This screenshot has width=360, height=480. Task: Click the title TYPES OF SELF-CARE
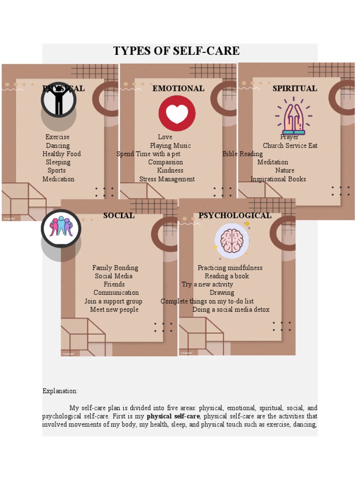click(x=176, y=51)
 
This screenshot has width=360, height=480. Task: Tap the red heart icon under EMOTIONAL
click(x=177, y=113)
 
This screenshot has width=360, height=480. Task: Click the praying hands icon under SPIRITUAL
click(x=293, y=116)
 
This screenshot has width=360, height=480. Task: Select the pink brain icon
click(x=232, y=241)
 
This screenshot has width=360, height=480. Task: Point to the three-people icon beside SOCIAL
click(x=61, y=227)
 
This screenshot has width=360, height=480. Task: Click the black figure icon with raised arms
click(x=59, y=100)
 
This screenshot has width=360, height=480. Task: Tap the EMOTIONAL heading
click(x=178, y=89)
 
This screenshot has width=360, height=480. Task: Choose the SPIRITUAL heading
click(x=295, y=89)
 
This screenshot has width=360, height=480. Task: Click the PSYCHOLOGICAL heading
click(x=234, y=216)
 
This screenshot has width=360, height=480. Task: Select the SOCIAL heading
click(x=119, y=216)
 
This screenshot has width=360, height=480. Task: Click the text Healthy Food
click(x=61, y=154)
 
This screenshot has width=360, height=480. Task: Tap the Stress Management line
click(x=167, y=179)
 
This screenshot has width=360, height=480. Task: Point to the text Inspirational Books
click(x=278, y=179)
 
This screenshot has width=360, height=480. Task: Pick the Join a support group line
click(x=113, y=301)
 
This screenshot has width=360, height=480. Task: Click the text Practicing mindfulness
click(x=230, y=268)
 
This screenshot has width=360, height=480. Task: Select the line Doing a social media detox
click(x=231, y=310)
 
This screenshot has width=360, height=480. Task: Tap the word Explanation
click(x=60, y=391)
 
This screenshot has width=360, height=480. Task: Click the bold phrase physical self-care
click(x=173, y=416)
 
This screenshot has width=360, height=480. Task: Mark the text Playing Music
click(x=170, y=145)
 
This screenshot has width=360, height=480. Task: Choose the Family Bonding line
click(x=115, y=268)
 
